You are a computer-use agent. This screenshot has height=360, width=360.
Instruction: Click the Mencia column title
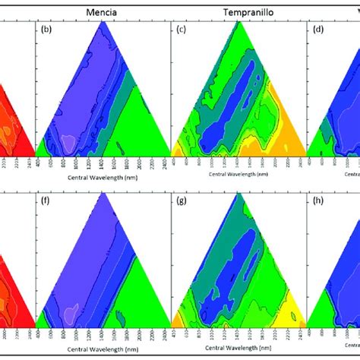click(x=102, y=13)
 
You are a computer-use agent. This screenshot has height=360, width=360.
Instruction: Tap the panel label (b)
click(x=46, y=30)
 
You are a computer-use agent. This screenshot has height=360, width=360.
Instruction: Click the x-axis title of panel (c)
click(x=238, y=173)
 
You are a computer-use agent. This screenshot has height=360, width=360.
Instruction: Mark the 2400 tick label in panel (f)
click(x=165, y=335)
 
